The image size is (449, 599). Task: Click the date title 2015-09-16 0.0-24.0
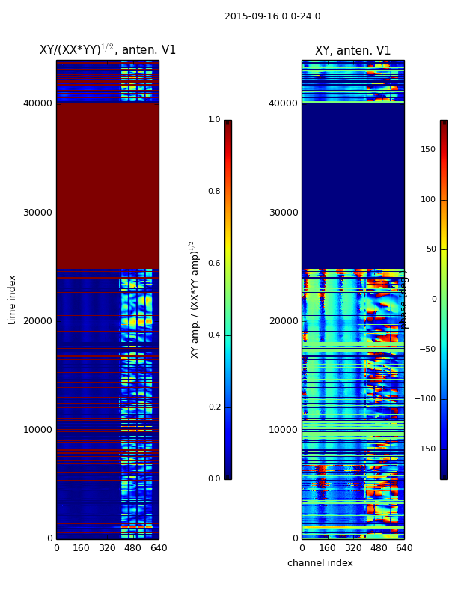click(272, 16)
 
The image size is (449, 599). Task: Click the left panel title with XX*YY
click(108, 50)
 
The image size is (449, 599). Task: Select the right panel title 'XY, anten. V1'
click(352, 51)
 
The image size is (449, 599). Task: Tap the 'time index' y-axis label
click(13, 299)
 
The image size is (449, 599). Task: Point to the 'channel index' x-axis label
click(320, 563)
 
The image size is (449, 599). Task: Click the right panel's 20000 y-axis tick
click(283, 321)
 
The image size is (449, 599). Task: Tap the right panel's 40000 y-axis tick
click(283, 103)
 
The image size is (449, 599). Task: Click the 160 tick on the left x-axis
click(82, 548)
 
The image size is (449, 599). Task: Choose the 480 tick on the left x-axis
click(133, 548)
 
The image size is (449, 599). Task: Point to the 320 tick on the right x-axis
click(352, 548)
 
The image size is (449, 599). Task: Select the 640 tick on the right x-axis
click(404, 548)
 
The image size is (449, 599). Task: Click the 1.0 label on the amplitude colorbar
click(214, 120)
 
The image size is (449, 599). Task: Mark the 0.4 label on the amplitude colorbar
click(214, 335)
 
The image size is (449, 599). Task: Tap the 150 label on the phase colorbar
click(428, 149)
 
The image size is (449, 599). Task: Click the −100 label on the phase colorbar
click(425, 399)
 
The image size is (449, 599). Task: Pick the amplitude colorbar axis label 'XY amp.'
click(195, 299)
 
